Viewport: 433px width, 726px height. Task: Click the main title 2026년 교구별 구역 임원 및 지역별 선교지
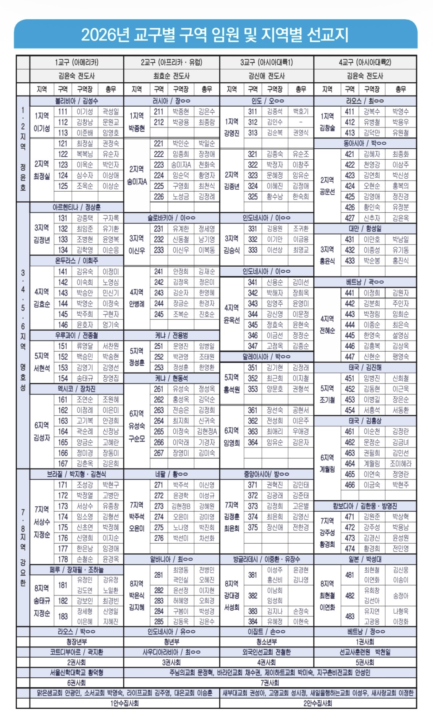point(215,35)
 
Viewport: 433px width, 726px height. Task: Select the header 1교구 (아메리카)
point(77,62)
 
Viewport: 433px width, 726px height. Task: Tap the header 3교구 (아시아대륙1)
point(266,62)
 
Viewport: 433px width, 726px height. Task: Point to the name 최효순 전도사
point(172,76)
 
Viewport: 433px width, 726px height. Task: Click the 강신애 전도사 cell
point(266,76)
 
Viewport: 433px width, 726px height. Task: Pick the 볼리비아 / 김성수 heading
point(77,101)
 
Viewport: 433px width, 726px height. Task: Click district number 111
point(63,112)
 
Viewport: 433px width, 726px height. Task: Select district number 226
point(159,196)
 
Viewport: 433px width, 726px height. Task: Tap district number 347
point(253,346)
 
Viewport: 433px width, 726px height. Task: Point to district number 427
point(350,218)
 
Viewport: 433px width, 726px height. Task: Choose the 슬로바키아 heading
point(172,218)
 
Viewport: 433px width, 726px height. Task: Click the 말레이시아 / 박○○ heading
point(266,357)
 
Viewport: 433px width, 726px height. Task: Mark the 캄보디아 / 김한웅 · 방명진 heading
point(365,506)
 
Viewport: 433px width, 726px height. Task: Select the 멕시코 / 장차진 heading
point(77,389)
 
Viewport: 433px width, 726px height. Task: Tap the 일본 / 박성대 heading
point(365,559)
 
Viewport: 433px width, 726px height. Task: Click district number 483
point(350,616)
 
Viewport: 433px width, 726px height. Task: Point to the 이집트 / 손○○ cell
point(266,632)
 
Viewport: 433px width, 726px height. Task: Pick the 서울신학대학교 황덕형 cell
point(77,673)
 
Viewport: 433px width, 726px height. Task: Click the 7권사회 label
point(270,683)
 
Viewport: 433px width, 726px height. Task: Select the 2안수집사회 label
point(318,703)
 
